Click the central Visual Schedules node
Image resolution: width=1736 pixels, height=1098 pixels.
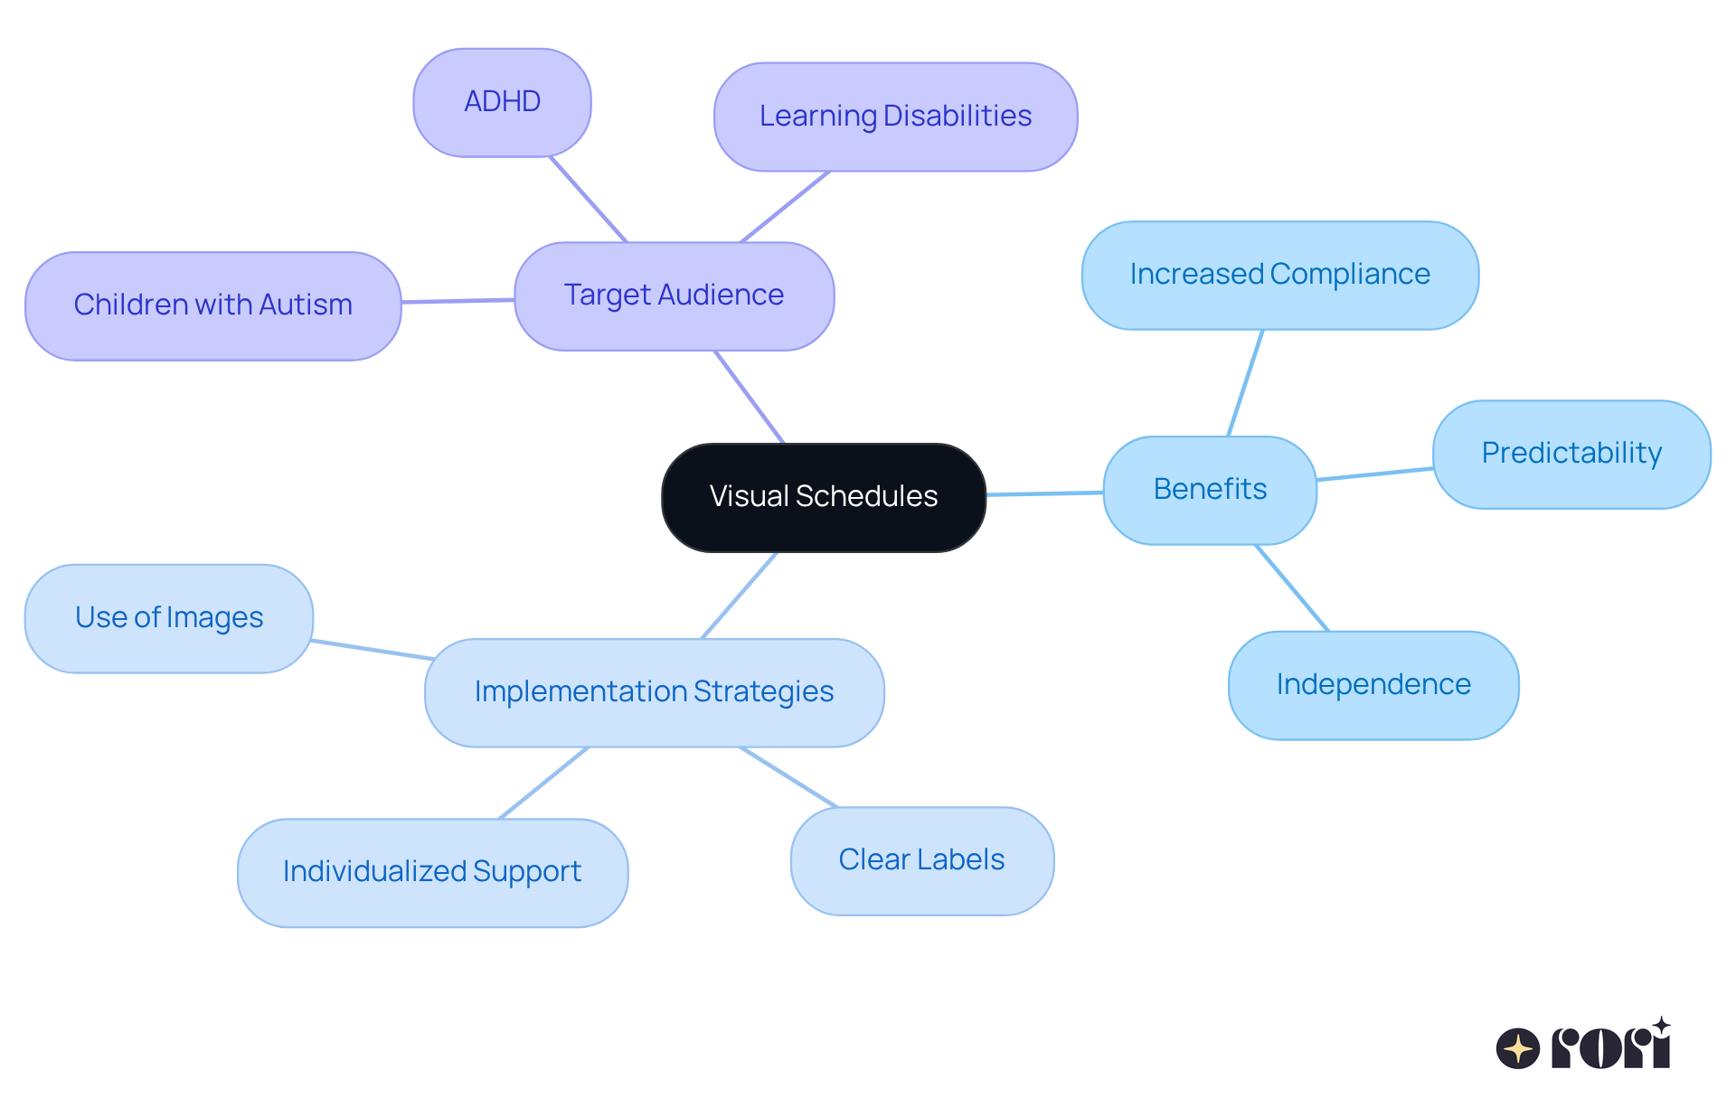click(x=823, y=497)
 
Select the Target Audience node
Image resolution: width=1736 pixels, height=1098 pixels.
click(x=674, y=296)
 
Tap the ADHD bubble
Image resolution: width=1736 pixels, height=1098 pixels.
click(x=502, y=102)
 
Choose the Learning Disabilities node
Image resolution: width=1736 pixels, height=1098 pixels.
click(x=895, y=117)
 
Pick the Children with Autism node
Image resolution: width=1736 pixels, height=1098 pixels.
click(x=212, y=305)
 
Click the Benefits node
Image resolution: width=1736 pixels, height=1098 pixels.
click(x=1210, y=490)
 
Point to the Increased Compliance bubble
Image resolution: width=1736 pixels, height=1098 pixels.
click(x=1279, y=275)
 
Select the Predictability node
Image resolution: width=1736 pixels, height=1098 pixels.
click(x=1571, y=454)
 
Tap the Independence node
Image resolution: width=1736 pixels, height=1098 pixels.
click(x=1373, y=685)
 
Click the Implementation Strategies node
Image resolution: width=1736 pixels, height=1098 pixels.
click(x=654, y=692)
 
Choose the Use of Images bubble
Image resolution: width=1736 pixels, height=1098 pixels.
click(x=169, y=618)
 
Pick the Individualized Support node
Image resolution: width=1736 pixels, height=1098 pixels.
click(x=432, y=872)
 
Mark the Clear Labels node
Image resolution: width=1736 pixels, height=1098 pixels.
click(x=921, y=860)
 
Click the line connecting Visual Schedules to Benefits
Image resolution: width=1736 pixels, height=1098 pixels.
click(x=1044, y=493)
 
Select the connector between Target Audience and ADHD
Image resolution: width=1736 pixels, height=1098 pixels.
click(x=588, y=199)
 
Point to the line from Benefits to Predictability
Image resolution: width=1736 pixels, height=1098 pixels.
click(x=1374, y=474)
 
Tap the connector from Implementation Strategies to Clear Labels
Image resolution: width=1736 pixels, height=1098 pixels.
click(x=788, y=776)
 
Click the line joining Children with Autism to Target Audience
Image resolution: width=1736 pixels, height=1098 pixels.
click(x=458, y=300)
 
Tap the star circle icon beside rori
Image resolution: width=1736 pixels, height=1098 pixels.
click(x=1517, y=1048)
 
